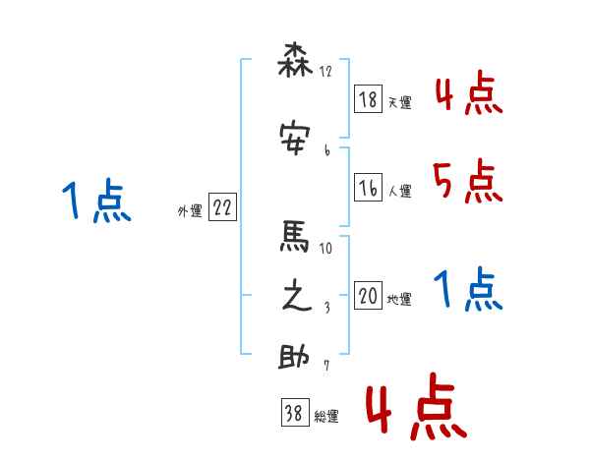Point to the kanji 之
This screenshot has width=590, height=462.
pyautogui.click(x=296, y=297)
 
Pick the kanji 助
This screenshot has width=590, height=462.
pyautogui.click(x=296, y=358)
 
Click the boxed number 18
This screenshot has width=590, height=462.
pyautogui.click(x=369, y=99)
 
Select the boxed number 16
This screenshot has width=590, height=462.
pyautogui.click(x=369, y=189)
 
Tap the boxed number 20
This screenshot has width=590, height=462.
pyautogui.click(x=369, y=297)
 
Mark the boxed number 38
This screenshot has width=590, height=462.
pyautogui.click(x=294, y=414)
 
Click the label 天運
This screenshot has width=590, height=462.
pyautogui.click(x=400, y=102)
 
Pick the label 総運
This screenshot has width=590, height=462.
pyautogui.click(x=326, y=417)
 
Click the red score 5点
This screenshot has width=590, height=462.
pyautogui.click(x=465, y=181)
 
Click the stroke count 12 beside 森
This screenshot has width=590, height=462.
pyautogui.click(x=326, y=72)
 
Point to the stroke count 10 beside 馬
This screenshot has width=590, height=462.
pyautogui.click(x=326, y=248)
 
